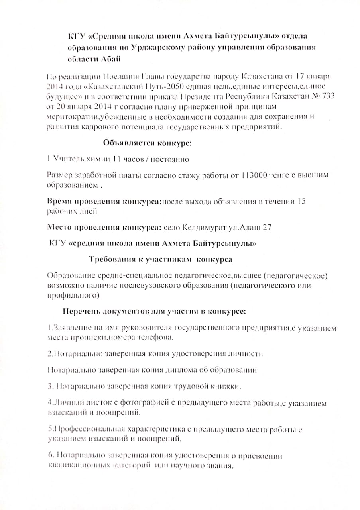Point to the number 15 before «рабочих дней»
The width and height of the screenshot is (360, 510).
302,201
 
